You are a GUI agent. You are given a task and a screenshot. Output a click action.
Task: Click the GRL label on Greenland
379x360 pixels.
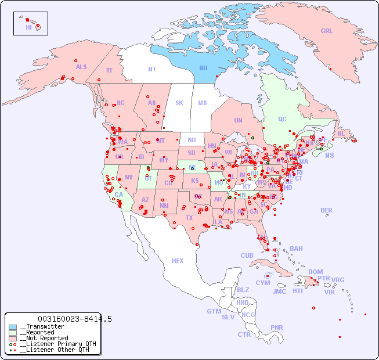[x=327, y=31]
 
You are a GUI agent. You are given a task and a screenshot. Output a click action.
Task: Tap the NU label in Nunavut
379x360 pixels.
[x=203, y=68]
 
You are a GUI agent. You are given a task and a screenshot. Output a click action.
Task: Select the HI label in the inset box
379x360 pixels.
[x=28, y=27]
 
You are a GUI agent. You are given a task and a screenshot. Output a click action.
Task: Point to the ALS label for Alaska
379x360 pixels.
[x=81, y=67]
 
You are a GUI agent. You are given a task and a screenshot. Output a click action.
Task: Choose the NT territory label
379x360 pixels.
[x=151, y=69]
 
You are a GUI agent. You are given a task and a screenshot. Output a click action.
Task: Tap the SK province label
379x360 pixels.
[x=179, y=103]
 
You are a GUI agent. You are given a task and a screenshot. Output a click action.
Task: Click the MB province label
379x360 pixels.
[x=203, y=103]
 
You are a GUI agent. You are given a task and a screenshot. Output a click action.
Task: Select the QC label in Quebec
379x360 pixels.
[x=282, y=119]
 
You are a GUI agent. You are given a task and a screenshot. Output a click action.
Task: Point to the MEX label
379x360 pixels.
[x=178, y=261]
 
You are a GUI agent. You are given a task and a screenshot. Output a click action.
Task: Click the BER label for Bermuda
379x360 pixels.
[x=327, y=210]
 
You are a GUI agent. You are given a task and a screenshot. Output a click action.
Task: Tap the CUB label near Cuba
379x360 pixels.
[x=247, y=255]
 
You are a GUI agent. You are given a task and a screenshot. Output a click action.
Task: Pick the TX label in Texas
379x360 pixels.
[x=189, y=218]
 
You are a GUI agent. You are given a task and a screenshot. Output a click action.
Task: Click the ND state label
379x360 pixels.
[x=192, y=140]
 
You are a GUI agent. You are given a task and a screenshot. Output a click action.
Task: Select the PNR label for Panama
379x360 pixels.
[x=277, y=327]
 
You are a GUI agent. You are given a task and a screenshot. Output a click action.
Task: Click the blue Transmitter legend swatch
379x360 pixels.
[x=13, y=327]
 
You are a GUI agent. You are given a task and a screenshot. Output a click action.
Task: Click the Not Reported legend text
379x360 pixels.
[x=44, y=338]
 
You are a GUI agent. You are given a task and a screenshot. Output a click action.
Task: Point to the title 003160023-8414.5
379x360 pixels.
[x=74, y=319]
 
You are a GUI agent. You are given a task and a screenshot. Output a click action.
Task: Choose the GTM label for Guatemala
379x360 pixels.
[x=214, y=311]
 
